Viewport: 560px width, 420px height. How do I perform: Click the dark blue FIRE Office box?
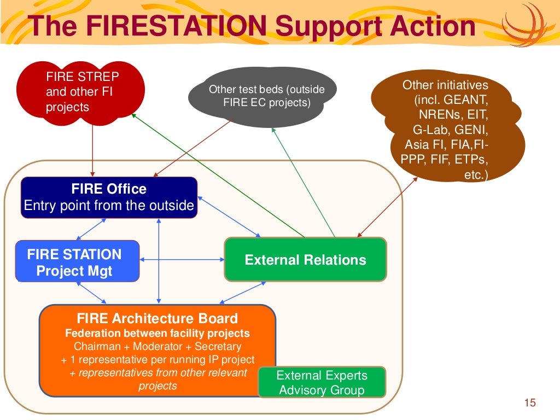[109, 197]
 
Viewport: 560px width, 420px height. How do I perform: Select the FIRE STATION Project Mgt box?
[77, 262]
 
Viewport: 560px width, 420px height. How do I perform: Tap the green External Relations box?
[305, 260]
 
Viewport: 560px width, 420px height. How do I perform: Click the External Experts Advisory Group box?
[322, 382]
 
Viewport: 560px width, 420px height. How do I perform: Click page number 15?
[529, 403]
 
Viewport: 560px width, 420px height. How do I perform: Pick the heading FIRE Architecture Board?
[157, 318]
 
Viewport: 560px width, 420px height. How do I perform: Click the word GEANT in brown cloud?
[466, 101]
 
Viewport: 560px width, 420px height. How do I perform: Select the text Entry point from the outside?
[109, 206]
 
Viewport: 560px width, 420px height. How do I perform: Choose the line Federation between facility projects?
[157, 333]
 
